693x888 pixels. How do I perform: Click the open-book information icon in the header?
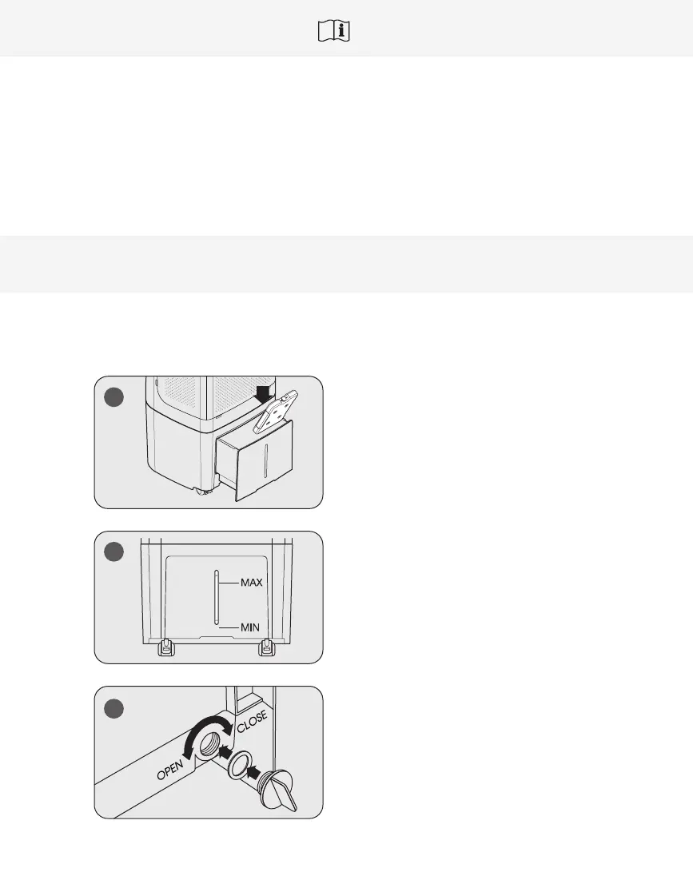click(336, 31)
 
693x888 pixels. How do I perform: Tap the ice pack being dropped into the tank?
click(274, 411)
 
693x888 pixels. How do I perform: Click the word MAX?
click(252, 583)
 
